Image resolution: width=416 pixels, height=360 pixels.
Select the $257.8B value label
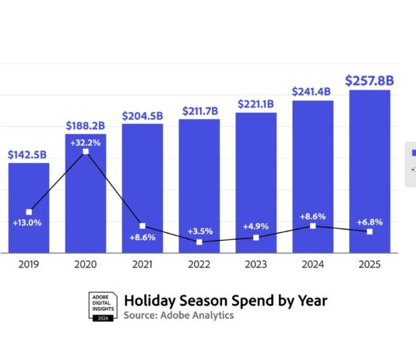(x=369, y=80)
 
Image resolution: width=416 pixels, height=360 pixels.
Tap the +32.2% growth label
(x=86, y=143)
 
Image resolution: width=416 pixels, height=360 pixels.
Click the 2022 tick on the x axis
(x=199, y=263)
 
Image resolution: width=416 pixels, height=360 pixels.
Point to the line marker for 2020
(x=86, y=152)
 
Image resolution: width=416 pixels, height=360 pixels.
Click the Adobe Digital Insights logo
(x=102, y=307)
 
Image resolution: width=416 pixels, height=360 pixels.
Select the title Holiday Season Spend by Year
(x=226, y=301)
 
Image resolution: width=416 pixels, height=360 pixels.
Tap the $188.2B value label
(x=86, y=125)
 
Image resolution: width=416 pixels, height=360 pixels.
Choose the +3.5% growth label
(x=199, y=231)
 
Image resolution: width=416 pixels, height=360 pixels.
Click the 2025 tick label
(x=369, y=263)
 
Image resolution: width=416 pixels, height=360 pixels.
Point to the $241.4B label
(x=312, y=91)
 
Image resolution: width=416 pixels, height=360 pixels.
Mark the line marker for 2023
(x=256, y=237)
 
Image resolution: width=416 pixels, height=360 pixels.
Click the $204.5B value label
(x=143, y=115)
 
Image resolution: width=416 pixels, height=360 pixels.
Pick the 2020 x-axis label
(x=86, y=263)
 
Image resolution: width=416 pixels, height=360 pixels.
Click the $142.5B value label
(x=29, y=154)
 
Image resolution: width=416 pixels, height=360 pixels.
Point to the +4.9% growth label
(x=256, y=227)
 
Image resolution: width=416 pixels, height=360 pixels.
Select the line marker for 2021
(x=143, y=226)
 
